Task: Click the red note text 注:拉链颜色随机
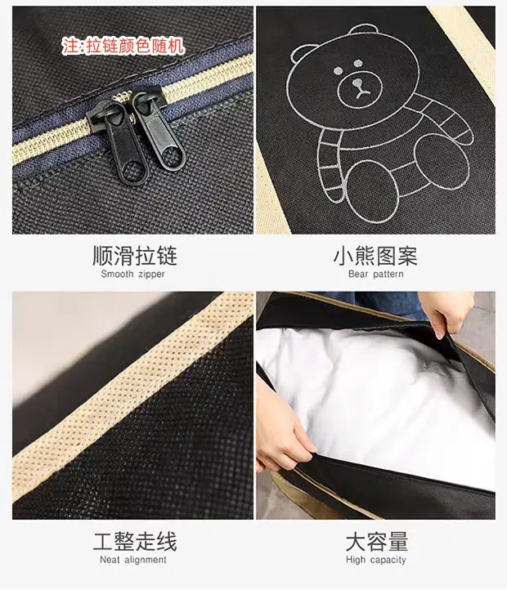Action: pos(123,47)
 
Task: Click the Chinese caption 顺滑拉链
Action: pos(134,256)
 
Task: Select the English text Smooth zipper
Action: pos(132,274)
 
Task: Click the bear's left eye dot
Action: pos(339,70)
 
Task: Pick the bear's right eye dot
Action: pos(358,63)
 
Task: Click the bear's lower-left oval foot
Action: pos(372,191)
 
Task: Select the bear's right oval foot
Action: pos(441,162)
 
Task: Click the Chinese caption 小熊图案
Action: pos(375,256)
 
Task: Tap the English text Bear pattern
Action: pos(376,274)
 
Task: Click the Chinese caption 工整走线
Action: pos(134,541)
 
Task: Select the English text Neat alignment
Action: pos(133,560)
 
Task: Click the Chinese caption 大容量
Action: pos(377,541)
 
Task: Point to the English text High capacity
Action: pos(376,560)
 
